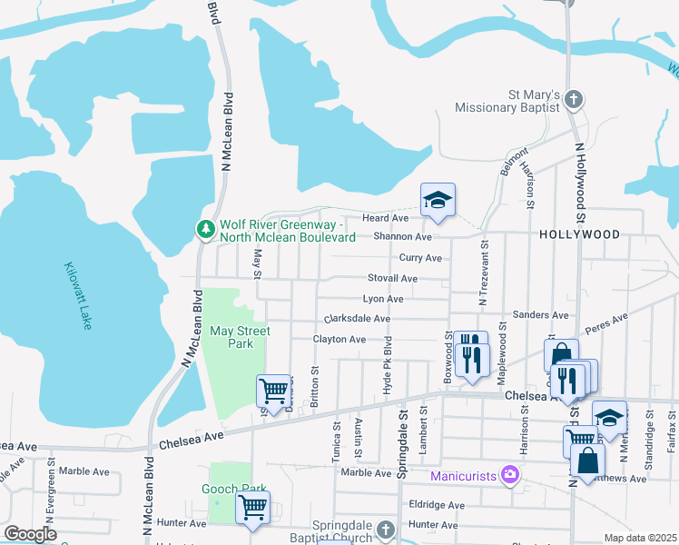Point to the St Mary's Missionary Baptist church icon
tap(573, 98)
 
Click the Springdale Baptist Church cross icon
tap(386, 529)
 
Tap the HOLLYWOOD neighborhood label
tap(579, 234)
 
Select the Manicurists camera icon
tap(511, 473)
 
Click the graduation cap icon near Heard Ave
tap(438, 201)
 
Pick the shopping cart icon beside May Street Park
tap(273, 391)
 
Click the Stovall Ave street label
tap(392, 278)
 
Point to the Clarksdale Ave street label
tap(357, 319)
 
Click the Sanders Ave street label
tap(540, 315)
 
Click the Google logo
tap(30, 534)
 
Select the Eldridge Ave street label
tap(437, 505)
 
